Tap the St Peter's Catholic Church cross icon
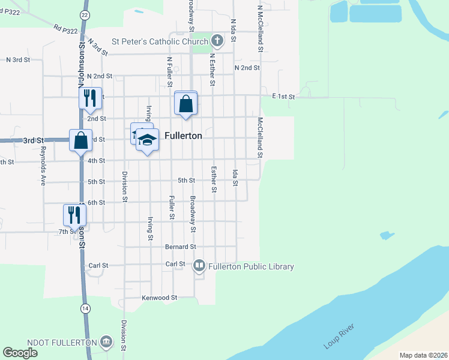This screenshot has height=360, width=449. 217,41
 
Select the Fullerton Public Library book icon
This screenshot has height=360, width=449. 199,265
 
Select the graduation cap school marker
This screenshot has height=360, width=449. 147,140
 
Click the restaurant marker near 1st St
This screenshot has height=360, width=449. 90,98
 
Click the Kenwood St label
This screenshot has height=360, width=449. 160,298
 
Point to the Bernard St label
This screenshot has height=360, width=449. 181,247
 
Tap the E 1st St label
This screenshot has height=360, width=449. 283,96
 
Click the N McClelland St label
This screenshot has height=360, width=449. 260,29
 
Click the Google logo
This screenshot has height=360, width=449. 20,353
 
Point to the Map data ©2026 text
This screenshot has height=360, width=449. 423,355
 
